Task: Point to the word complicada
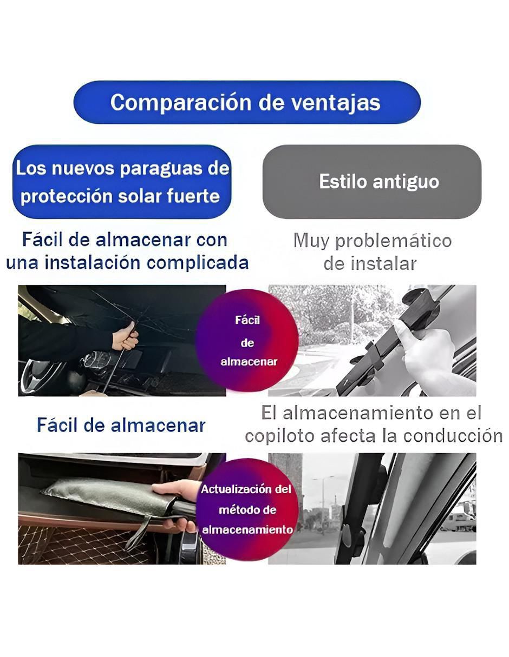click(x=198, y=263)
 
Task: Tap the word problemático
click(x=394, y=242)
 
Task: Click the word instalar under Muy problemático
click(x=383, y=264)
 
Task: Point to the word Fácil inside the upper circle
click(x=247, y=320)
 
